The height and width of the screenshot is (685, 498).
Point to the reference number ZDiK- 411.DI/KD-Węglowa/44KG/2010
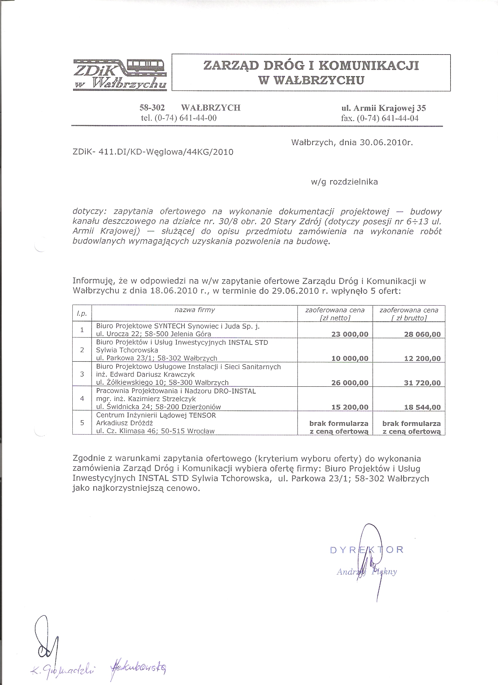pyautogui.click(x=153, y=152)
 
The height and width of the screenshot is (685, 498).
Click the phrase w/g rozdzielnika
pyautogui.click(x=344, y=182)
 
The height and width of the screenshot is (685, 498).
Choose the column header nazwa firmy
pyautogui.click(x=195, y=310)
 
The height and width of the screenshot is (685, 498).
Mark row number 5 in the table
pyautogui.click(x=82, y=422)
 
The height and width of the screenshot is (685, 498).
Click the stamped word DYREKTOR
pyautogui.click(x=366, y=550)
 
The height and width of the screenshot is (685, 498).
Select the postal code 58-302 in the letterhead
pyautogui.click(x=152, y=108)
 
